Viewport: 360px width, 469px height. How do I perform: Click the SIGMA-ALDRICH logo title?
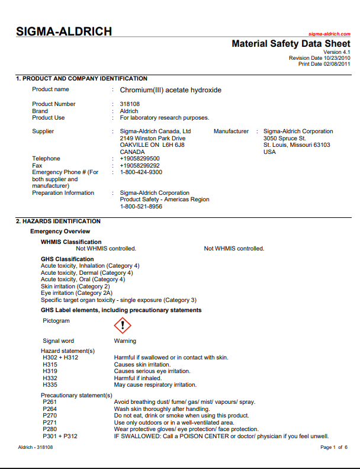point(63,32)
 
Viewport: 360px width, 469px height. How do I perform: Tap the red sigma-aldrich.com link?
point(329,35)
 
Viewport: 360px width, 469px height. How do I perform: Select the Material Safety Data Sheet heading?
point(291,44)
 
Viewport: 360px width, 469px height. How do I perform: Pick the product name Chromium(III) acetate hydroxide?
point(171,90)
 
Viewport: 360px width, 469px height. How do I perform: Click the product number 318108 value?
point(130,104)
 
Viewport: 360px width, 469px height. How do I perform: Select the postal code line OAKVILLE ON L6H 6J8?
point(152,144)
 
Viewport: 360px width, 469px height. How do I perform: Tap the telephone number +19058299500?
point(140,159)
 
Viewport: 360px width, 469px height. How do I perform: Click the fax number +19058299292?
point(140,166)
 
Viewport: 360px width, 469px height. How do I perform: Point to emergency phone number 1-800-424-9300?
point(141,172)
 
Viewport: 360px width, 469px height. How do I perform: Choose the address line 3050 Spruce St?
point(285,138)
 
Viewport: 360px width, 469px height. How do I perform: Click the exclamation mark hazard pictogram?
point(122,325)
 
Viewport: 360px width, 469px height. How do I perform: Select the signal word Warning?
point(125,341)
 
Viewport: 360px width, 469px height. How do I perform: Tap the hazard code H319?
point(51,371)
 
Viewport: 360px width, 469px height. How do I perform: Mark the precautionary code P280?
point(50,429)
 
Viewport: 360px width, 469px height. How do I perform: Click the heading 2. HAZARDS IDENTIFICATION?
point(58,221)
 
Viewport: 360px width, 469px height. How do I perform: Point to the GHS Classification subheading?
point(67,259)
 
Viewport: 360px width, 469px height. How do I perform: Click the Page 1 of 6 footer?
point(333,447)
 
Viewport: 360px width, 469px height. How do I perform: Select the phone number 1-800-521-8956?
point(141,207)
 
